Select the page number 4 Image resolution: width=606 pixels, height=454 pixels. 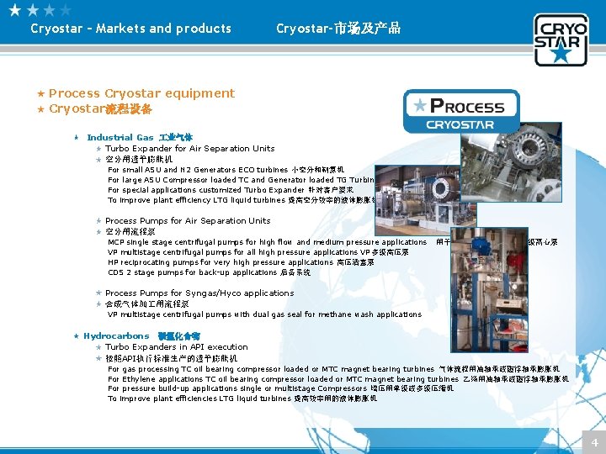pos(594,442)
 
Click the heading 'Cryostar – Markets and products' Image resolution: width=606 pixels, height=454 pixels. pos(130,29)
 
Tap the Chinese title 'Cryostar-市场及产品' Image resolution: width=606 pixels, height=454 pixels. pos(338,29)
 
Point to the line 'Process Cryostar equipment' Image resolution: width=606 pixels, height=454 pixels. pos(141,93)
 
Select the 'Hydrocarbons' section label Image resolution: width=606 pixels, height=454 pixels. pos(116,336)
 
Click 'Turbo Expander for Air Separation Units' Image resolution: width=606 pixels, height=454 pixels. pos(189,149)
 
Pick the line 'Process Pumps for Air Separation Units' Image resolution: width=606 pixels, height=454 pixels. pos(188,221)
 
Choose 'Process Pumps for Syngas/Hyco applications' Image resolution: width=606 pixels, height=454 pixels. pos(199,293)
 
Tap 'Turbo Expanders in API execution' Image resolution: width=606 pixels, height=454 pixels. pos(177,347)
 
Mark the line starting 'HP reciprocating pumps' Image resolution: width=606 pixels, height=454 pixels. pos(241,262)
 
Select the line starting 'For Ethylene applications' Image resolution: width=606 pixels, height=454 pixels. pos(337,379)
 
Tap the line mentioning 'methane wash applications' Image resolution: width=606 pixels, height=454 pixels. pos(264,314)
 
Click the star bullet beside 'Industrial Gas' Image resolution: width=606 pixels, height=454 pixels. pos(77,137)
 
